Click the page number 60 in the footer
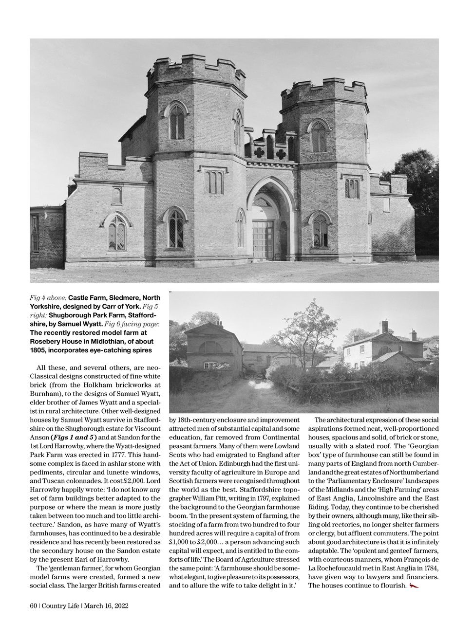click(x=34, y=606)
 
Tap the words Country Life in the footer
click(x=61, y=606)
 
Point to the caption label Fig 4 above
click(x=48, y=297)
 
